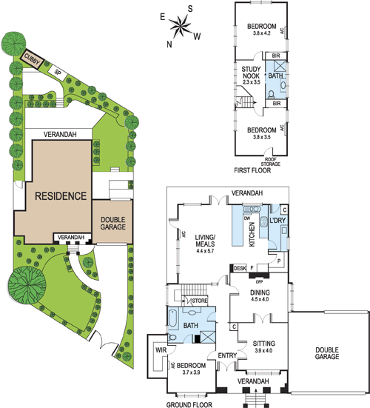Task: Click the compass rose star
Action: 180,26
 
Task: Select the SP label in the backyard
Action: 58,73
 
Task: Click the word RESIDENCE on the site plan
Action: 61,196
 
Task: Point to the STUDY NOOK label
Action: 251,73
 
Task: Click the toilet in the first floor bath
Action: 271,94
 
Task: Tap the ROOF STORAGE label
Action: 270,161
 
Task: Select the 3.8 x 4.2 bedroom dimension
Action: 261,33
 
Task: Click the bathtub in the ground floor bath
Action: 172,318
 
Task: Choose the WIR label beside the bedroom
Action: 161,350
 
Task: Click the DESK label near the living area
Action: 240,268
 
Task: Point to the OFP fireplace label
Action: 259,282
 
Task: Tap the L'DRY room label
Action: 277,221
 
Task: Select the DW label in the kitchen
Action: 246,218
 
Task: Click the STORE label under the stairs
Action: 200,301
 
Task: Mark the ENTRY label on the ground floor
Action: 227,355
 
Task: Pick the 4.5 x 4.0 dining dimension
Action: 260,299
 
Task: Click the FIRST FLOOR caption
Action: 252,170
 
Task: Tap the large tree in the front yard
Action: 27,284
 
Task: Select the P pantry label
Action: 279,261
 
